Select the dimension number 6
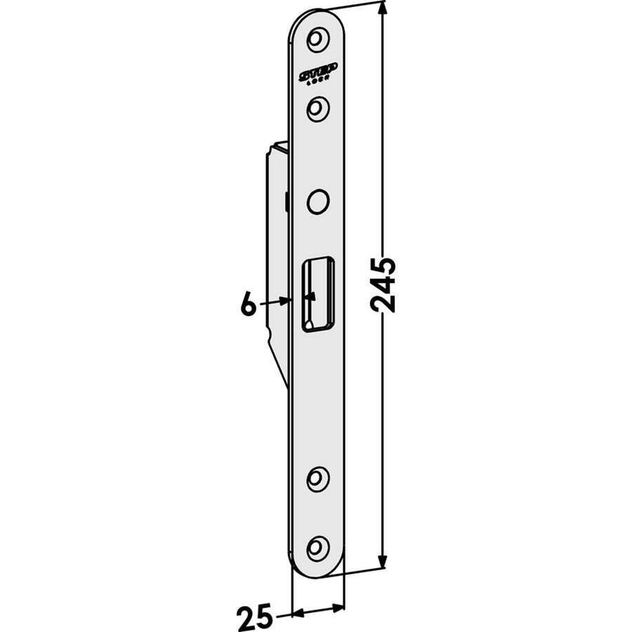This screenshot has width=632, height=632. click(x=247, y=305)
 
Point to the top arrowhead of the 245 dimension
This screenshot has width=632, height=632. click(x=383, y=8)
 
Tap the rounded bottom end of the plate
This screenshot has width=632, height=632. click(x=317, y=573)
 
